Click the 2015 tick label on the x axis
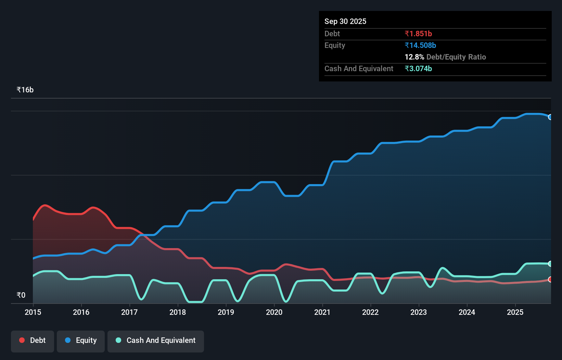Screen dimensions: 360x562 (33, 312)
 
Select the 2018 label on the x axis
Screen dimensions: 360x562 (178, 312)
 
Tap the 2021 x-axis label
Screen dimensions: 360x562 (322, 312)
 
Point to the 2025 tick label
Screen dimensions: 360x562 (515, 312)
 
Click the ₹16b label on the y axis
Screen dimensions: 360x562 (25, 90)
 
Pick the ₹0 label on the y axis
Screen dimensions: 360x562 (21, 295)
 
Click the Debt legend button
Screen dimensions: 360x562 (33, 340)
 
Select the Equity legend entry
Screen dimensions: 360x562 (81, 340)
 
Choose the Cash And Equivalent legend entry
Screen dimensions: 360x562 (156, 340)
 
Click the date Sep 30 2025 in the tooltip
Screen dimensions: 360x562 (345, 21)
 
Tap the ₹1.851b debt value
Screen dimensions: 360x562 (418, 34)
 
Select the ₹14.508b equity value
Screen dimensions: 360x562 (420, 45)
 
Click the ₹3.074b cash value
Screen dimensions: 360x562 (418, 68)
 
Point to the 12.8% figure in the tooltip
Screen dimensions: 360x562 (414, 57)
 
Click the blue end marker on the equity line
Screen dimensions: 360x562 (550, 117)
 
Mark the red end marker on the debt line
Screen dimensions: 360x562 (550, 280)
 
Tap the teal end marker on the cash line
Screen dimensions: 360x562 (550, 264)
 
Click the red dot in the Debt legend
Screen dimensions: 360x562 (22, 340)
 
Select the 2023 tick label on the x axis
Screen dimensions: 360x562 (419, 312)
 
